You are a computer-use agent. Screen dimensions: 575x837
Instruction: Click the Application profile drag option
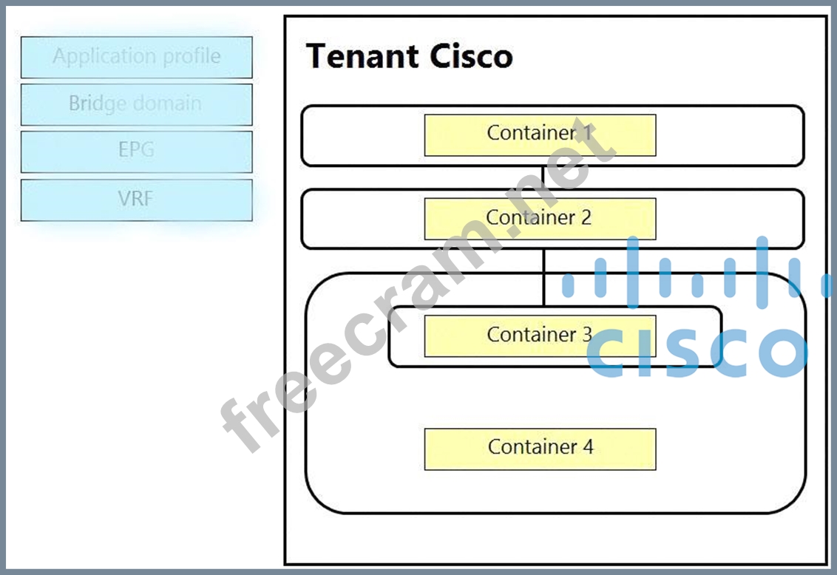[x=137, y=58]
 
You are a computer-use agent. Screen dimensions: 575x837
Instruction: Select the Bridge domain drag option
[x=137, y=104]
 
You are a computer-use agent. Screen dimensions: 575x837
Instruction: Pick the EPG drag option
[x=137, y=152]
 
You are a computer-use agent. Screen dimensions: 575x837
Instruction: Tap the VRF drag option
[x=137, y=200]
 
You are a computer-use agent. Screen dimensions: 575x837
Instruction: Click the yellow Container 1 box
[x=540, y=135]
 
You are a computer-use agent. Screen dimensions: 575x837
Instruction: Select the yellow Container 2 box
[x=540, y=219]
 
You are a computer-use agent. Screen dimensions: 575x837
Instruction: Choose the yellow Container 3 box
[x=540, y=336]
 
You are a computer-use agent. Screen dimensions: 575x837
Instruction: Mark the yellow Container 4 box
[x=540, y=449]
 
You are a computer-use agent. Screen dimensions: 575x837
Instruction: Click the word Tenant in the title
[x=356, y=57]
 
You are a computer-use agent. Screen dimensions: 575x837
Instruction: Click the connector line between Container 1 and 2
[x=543, y=177]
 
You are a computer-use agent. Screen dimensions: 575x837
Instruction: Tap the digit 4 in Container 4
[x=588, y=447]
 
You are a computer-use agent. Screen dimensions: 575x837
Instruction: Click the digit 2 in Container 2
[x=586, y=217]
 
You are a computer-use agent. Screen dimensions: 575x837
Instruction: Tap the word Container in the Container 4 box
[x=531, y=447]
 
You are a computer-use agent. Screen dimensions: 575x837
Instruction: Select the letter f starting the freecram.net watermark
[x=244, y=429]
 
